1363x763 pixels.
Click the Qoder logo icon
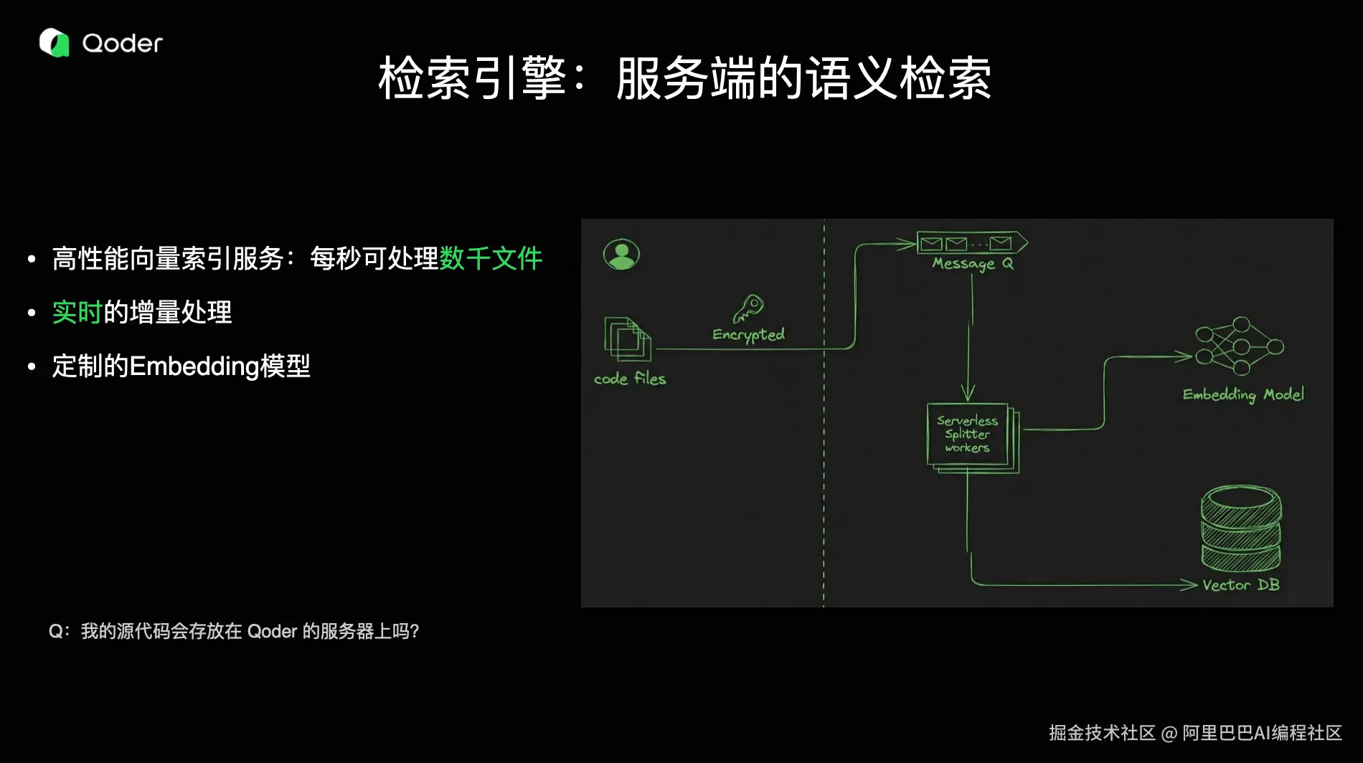(x=54, y=43)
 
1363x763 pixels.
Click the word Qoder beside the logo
(x=123, y=44)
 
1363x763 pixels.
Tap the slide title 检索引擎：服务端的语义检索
(x=685, y=78)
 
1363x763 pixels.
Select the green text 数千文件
(x=491, y=258)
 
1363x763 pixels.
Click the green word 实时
(x=77, y=313)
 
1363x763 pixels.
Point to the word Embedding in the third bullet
(x=194, y=366)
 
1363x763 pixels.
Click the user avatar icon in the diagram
(x=621, y=255)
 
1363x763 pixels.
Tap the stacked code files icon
(x=628, y=338)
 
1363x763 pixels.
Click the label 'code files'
(x=630, y=379)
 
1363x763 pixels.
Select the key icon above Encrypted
(x=747, y=308)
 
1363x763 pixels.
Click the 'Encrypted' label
(x=748, y=335)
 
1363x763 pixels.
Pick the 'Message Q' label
(x=973, y=264)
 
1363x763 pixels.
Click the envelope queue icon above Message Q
(x=971, y=243)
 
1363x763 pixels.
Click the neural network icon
(x=1239, y=346)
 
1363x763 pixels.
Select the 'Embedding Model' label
(x=1243, y=394)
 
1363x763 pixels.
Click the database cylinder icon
(x=1241, y=529)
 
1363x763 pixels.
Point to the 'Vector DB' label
(x=1241, y=585)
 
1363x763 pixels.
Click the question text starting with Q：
(x=234, y=631)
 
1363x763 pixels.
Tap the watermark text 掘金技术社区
(x=1102, y=733)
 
